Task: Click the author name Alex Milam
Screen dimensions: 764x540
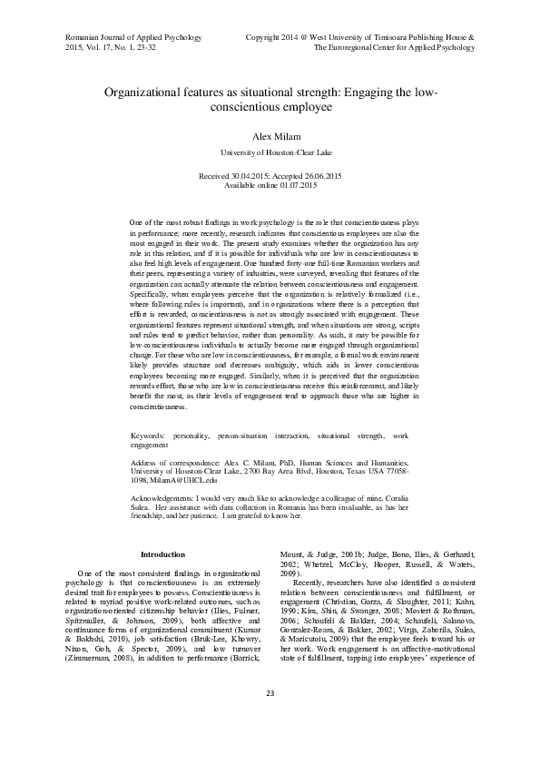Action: (x=270, y=134)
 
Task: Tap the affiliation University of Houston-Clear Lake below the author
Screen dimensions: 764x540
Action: (x=270, y=152)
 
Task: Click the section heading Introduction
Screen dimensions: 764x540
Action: (x=162, y=554)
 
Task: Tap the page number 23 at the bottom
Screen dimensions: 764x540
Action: (x=270, y=719)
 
